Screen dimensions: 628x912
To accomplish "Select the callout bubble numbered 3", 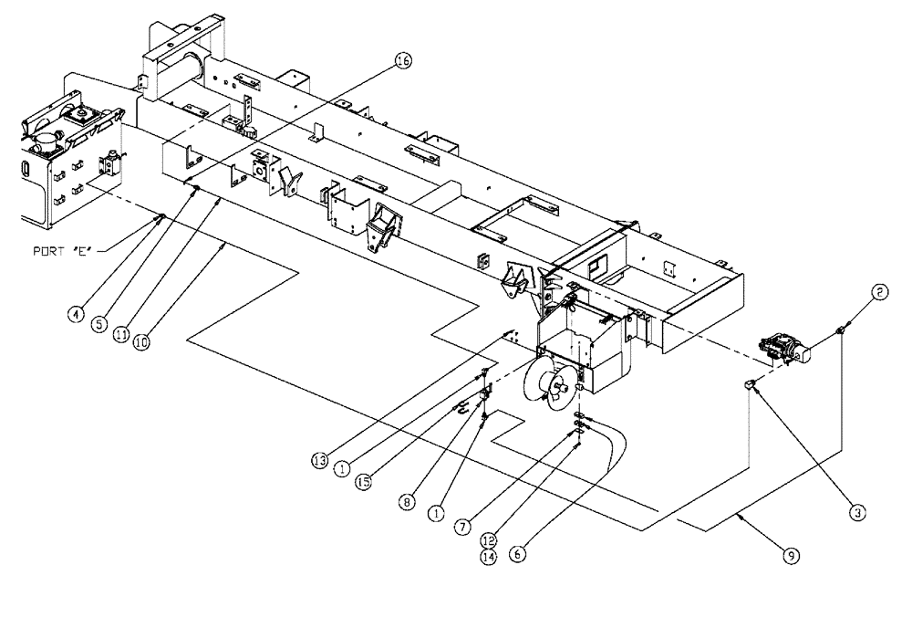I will pos(856,512).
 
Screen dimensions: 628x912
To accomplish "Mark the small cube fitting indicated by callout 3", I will pos(748,385).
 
